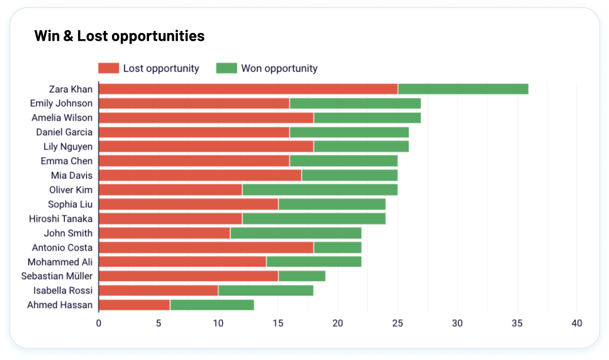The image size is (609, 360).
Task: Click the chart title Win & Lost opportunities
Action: coord(119,36)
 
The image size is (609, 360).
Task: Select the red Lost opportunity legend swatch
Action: coord(108,68)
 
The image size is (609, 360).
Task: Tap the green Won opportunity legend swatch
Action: coord(226,68)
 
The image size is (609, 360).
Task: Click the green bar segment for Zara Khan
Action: coord(463,89)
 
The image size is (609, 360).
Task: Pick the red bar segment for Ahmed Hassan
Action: coord(134,305)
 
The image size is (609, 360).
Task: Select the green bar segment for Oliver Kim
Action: coord(320,190)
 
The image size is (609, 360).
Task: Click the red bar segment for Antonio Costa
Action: coord(206,248)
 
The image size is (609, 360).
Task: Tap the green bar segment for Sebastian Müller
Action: coord(302,276)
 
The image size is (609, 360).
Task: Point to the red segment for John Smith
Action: coord(164,233)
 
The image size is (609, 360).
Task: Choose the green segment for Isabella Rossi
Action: coord(266,290)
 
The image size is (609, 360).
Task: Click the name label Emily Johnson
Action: coord(61,103)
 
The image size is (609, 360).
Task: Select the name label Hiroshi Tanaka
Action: coord(61,219)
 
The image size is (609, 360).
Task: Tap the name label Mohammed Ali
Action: coord(60,262)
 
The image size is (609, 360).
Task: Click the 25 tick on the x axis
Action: coord(398,323)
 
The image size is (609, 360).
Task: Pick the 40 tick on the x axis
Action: coord(577,323)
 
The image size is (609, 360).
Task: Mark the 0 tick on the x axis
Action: coord(98,323)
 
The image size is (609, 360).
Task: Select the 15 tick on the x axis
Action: coord(278,323)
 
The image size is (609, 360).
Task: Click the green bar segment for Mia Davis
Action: coord(350,175)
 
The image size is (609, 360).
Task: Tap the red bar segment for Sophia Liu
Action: coord(188,204)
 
